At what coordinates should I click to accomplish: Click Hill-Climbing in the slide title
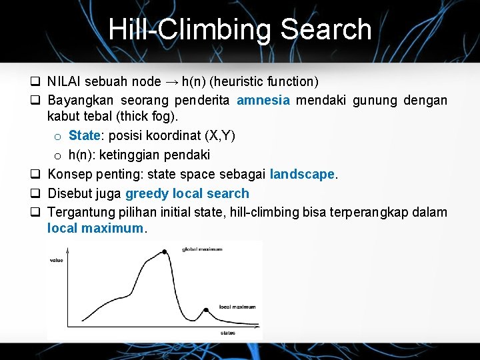click(x=189, y=29)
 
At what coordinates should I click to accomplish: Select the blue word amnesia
click(x=263, y=101)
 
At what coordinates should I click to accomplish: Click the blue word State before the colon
click(x=83, y=136)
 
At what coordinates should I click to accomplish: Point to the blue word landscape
click(x=302, y=175)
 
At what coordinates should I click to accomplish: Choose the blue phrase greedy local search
click(x=187, y=194)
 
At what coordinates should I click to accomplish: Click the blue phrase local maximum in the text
click(x=95, y=228)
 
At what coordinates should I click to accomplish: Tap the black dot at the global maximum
click(x=165, y=251)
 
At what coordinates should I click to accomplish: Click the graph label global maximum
click(x=202, y=249)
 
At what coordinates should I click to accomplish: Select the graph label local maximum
click(x=237, y=307)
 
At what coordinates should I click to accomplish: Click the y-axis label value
click(x=57, y=260)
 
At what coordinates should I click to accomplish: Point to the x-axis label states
click(x=227, y=332)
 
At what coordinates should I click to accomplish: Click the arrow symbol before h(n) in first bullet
click(x=171, y=82)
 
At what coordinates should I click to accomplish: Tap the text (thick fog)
click(x=146, y=117)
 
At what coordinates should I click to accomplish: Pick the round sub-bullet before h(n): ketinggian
click(x=58, y=156)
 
